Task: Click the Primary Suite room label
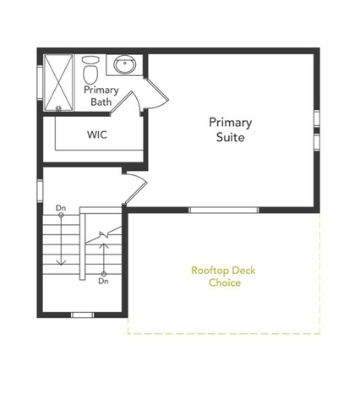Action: pos(230,129)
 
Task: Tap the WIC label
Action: pos(97,134)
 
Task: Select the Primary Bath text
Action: pos(101,96)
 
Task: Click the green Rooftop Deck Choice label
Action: pos(223,277)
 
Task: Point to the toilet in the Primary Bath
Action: pos(90,69)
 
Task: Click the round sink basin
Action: pos(124,64)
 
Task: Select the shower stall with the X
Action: pos(58,83)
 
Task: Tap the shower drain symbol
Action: pos(59,107)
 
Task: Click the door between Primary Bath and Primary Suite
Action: pos(156,94)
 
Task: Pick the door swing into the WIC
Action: pos(126,102)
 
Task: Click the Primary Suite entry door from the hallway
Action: pos(135,189)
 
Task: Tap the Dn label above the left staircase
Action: pos(61,208)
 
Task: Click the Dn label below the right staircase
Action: pos(103,281)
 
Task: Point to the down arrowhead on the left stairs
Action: pos(61,263)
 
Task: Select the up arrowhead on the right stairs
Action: pos(104,245)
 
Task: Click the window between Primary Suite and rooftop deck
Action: pos(224,210)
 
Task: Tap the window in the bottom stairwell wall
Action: pos(82,315)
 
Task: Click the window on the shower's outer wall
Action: pos(40,82)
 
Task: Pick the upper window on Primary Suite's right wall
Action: pos(317,118)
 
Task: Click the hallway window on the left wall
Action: pos(40,190)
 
